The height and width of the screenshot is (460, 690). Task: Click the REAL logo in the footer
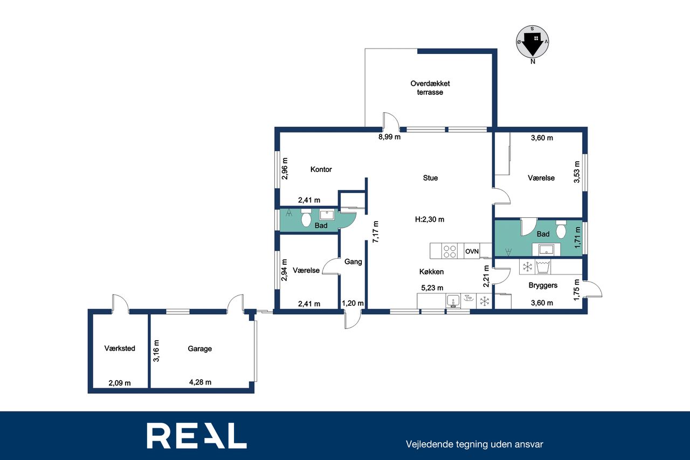pyautogui.click(x=197, y=435)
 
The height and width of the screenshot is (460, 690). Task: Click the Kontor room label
pyautogui.click(x=321, y=169)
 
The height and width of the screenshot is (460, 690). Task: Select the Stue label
pyautogui.click(x=430, y=178)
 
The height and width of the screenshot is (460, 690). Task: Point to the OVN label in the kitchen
pyautogui.click(x=472, y=251)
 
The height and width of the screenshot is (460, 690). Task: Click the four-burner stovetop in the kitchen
pyautogui.click(x=450, y=251)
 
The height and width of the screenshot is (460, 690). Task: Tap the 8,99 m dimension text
pyautogui.click(x=389, y=137)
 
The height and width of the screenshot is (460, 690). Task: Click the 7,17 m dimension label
pyautogui.click(x=376, y=232)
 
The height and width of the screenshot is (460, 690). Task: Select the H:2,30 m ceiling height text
pyautogui.click(x=430, y=219)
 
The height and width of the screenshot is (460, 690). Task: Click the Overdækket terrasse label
pyautogui.click(x=430, y=88)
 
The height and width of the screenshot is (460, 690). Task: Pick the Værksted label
pyautogui.click(x=120, y=348)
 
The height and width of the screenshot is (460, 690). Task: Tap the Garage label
pyautogui.click(x=199, y=348)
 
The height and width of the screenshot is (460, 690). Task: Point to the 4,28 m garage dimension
pyautogui.click(x=200, y=382)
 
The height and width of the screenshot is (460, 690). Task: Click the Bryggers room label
pyautogui.click(x=543, y=285)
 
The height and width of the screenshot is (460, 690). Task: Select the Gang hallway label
pyautogui.click(x=353, y=262)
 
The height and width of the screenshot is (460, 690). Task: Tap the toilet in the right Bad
pyautogui.click(x=561, y=229)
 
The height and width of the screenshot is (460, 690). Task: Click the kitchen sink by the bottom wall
pyautogui.click(x=453, y=301)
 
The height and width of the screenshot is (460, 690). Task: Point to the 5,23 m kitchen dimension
pyautogui.click(x=432, y=288)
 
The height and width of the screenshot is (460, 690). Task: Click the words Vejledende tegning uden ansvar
pyautogui.click(x=474, y=444)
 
